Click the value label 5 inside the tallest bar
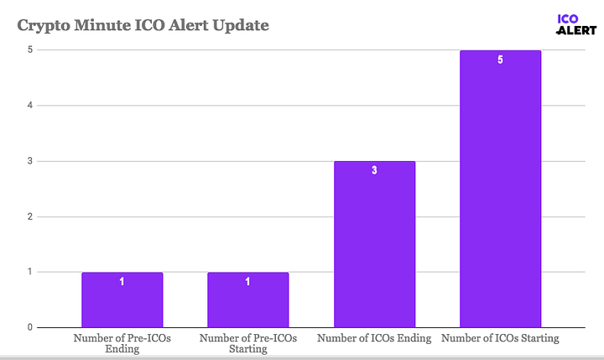pos(500,60)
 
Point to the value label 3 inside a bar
pos(374,170)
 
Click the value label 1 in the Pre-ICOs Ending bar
pos(122,282)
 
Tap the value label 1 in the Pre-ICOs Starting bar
pos(247,282)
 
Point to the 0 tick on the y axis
pos(29,327)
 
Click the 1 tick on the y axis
pos(29,272)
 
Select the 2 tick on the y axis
pos(29,217)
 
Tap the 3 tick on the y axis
pos(29,161)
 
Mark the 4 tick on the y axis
pos(29,106)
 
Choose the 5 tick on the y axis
pos(29,50)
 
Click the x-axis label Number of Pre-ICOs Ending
pos(122,344)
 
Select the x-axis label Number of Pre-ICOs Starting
pos(247,344)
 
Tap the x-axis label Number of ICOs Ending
pos(374,338)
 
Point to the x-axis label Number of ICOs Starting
pos(500,338)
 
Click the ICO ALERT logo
pos(576,23)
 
